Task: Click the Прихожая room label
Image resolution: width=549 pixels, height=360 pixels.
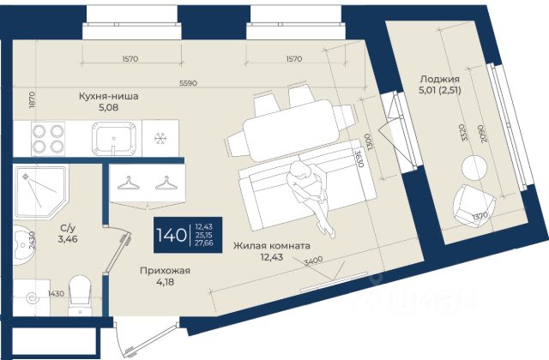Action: (165, 271)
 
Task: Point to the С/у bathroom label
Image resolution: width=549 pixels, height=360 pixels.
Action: (65, 228)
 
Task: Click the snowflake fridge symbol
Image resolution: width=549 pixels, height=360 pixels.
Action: (159, 139)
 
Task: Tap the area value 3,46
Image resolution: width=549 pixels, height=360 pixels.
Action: (65, 240)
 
